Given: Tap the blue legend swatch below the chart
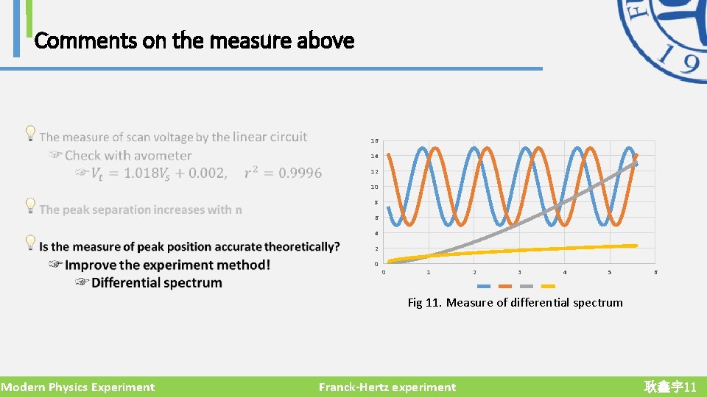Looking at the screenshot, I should (484, 286).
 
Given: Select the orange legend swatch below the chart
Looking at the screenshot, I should (505, 286).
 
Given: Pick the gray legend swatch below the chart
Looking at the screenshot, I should (526, 286).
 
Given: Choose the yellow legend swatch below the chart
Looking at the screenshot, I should (547, 286).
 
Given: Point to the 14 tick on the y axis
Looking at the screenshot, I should (375, 157).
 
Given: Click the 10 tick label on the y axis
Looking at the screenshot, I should (375, 187).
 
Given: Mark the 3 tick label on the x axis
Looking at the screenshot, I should (519, 273).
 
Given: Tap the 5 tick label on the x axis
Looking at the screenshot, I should (610, 273).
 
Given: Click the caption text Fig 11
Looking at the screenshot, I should (425, 303).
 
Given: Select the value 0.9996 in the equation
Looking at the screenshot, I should (295, 174).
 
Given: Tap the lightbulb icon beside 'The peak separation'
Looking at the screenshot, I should (30, 205).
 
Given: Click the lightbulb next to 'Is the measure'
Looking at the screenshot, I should (30, 242).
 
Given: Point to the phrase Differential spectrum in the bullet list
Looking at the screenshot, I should (156, 283).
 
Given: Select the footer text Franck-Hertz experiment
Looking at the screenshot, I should (387, 387).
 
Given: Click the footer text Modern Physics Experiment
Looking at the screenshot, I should (78, 387).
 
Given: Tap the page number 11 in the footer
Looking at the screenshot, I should (689, 387).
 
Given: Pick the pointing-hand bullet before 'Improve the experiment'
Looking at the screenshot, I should (55, 265).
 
